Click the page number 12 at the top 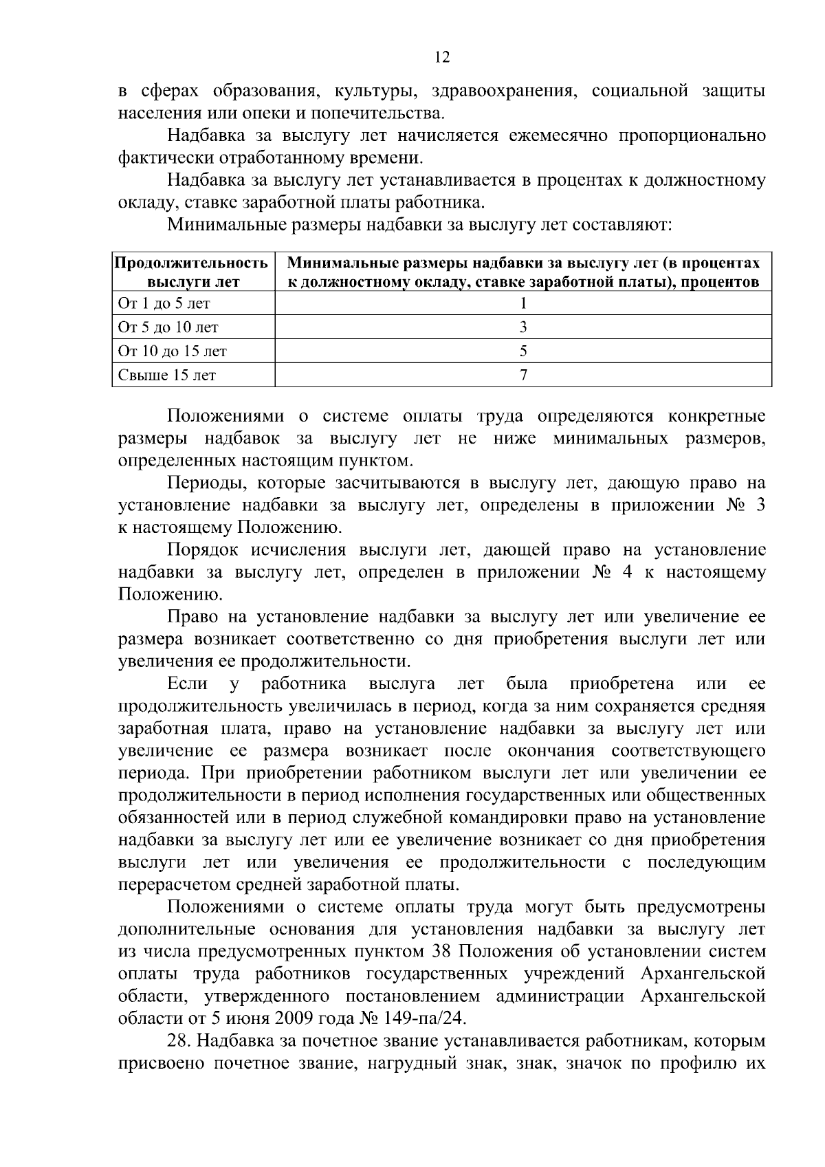442,58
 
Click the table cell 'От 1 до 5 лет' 164,303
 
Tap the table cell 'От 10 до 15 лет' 173,351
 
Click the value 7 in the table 523,375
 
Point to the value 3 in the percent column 523,327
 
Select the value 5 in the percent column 523,351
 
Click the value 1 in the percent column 523,303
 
